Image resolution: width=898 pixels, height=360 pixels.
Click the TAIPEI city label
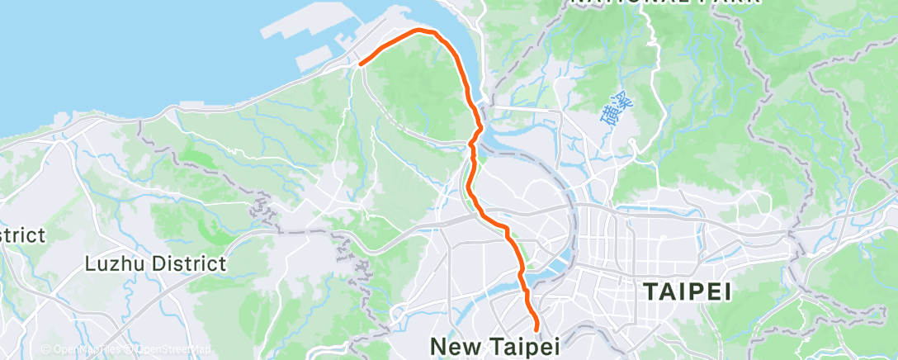pos(687,291)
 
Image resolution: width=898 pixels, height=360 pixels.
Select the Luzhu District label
pos(156,264)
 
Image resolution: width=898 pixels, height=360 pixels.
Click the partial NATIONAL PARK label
pos(665,3)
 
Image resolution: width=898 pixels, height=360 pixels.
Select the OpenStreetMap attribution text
pos(169,349)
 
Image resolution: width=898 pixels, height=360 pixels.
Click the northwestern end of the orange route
pos(362,62)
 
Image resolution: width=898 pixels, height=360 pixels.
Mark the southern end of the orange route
pos(536,329)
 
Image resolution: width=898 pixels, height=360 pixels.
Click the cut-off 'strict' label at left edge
pos(22,235)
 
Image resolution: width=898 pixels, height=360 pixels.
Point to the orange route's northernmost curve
pos(423,30)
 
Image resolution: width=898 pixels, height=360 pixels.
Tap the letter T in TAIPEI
pos(649,291)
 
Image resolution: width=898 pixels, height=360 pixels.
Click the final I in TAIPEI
pos(728,291)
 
